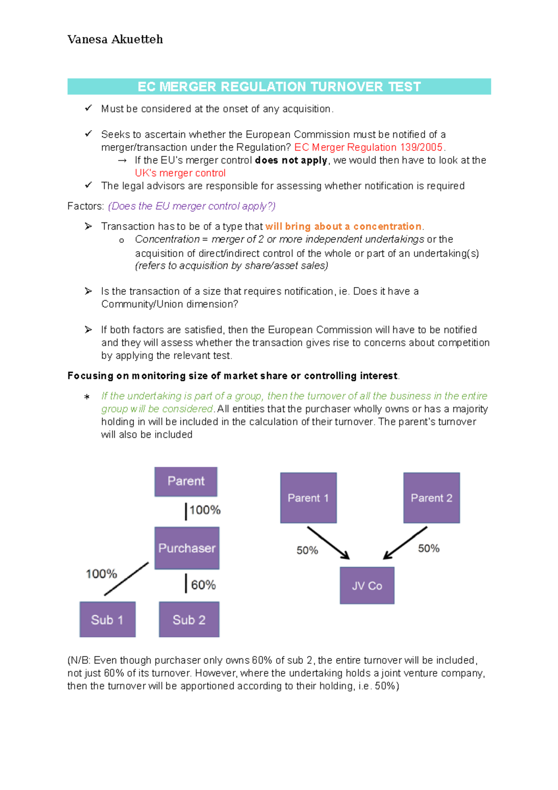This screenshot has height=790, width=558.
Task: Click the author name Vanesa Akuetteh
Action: (x=115, y=40)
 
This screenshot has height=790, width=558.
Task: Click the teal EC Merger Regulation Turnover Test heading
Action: (x=279, y=87)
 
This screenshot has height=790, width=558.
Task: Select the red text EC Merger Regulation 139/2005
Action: (x=368, y=147)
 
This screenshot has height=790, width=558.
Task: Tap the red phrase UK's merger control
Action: (x=180, y=173)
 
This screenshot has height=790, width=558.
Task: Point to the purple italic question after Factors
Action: (x=192, y=206)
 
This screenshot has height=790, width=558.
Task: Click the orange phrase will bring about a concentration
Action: (x=343, y=227)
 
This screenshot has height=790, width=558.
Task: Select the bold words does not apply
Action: (x=291, y=161)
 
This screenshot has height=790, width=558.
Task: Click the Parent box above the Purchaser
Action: (x=186, y=482)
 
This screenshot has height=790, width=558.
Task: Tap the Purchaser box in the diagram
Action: (x=187, y=548)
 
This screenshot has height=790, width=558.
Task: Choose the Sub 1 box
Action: (x=107, y=620)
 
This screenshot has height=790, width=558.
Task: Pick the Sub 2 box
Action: (x=189, y=620)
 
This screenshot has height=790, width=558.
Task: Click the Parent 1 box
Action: (x=308, y=498)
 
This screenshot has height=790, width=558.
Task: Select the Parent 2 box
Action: (x=432, y=498)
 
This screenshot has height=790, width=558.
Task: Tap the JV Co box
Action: (x=367, y=586)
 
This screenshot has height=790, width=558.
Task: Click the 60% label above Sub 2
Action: (x=203, y=585)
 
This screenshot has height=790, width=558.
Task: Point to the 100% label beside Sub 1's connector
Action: (x=101, y=574)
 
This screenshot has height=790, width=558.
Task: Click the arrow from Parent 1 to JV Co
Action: (x=328, y=543)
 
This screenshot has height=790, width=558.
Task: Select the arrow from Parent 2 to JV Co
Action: (x=405, y=543)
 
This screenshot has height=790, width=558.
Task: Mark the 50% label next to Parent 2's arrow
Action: (x=429, y=549)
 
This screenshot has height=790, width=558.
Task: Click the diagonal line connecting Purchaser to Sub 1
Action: (x=126, y=579)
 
